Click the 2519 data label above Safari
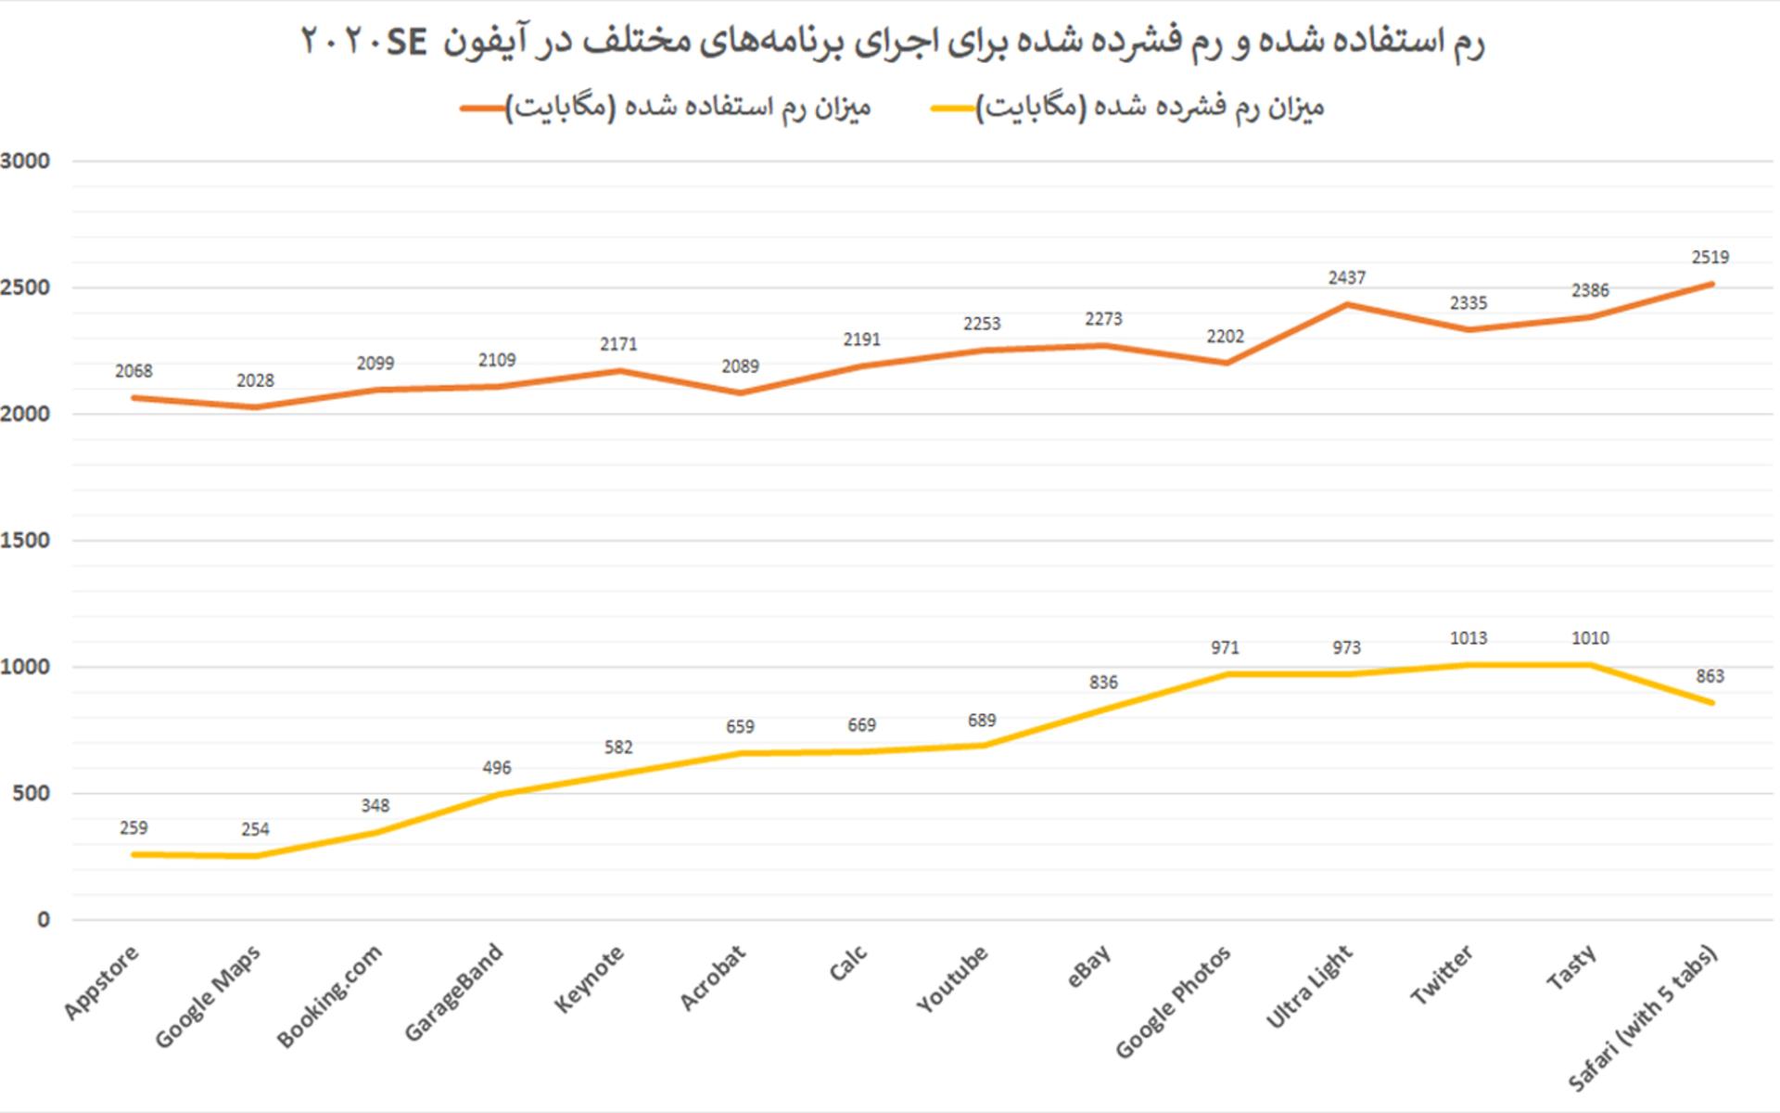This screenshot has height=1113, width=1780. pos(1710,257)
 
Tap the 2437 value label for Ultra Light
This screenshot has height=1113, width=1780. pos(1347,277)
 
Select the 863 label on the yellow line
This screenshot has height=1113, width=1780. pos(1710,676)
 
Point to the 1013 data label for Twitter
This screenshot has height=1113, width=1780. pos(1468,638)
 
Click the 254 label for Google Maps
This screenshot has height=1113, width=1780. pos(255,829)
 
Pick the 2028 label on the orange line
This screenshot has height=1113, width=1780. pos(255,380)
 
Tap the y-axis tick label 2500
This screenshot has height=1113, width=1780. pos(25,288)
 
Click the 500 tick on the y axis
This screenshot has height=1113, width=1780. pos(32,794)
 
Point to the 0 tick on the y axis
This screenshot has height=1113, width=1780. pos(44,920)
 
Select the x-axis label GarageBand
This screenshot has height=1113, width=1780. pos(454,992)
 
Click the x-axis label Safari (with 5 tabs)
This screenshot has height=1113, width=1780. pos(1643,1017)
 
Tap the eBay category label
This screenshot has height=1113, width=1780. pos(1089,966)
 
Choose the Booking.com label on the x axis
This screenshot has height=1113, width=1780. pos(329,996)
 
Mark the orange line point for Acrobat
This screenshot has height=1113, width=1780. pos(740,393)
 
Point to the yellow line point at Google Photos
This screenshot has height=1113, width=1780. pos(1226,674)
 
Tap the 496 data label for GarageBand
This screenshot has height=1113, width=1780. pos(497,768)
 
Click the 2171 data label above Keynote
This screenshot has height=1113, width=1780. pos(618,344)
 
